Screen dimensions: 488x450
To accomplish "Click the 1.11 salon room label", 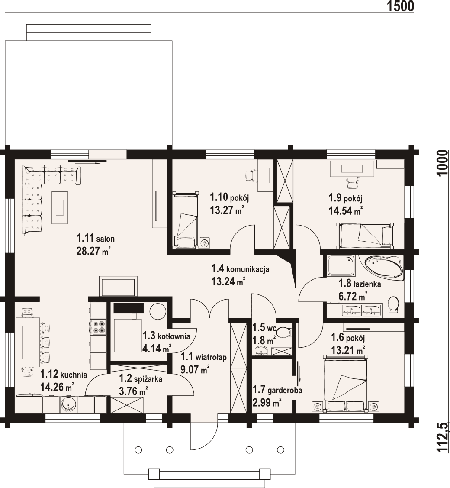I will [95, 238].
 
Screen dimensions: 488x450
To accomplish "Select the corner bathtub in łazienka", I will [383, 267].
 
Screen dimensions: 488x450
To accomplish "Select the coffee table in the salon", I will [60, 207].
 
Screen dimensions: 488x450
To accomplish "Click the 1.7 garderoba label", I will [277, 390].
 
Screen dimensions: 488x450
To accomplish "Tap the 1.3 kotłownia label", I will [166, 336].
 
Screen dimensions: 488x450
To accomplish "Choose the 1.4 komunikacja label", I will [240, 269].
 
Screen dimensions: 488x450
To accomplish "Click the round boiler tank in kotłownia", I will [157, 311].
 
